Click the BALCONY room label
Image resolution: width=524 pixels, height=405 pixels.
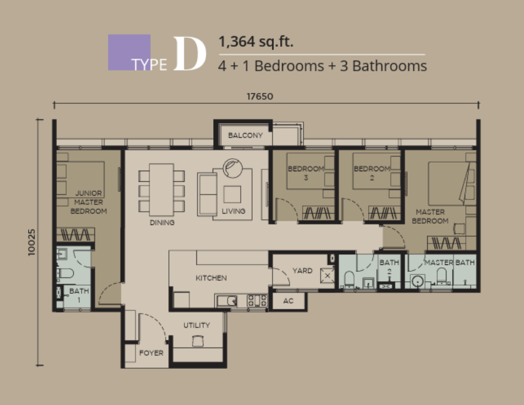245,136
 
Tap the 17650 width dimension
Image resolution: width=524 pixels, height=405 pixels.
259,97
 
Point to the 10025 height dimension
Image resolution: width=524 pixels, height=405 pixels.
31,242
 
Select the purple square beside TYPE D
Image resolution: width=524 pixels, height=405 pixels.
129,52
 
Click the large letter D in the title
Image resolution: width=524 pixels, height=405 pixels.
189,54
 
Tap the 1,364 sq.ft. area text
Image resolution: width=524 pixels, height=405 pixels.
256,42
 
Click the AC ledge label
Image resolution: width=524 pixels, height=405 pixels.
288,301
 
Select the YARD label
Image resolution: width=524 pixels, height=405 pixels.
303,271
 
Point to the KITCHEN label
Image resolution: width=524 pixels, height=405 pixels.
211,278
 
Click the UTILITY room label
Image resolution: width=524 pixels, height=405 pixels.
196,325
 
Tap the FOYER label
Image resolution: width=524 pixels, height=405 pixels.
151,353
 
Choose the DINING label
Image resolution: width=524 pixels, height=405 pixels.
162,222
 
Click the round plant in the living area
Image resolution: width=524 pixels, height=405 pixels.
233,168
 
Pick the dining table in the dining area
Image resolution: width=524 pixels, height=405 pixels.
161,189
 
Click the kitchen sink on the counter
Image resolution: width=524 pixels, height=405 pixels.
226,301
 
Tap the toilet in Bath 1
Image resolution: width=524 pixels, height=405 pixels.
66,274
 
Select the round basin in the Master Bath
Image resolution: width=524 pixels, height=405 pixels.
418,281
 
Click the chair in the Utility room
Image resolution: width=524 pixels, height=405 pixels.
198,341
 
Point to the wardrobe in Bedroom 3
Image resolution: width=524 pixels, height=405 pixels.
318,213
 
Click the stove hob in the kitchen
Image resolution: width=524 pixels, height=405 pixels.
257,301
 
